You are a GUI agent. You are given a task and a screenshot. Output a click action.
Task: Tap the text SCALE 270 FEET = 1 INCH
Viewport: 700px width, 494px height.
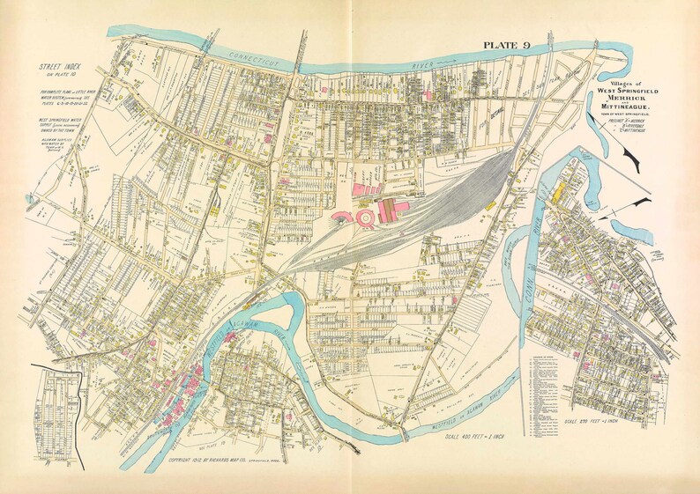(x=587, y=431)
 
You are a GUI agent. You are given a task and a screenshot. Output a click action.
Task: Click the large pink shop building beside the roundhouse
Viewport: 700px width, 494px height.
(x=388, y=209)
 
